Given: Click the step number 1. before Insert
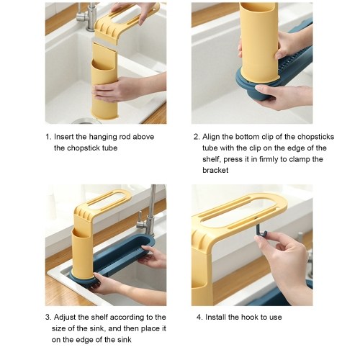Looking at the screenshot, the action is (48, 137).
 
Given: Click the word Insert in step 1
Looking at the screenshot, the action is (64, 137).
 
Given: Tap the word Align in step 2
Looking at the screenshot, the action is (211, 137).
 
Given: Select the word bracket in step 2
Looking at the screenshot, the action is (215, 170).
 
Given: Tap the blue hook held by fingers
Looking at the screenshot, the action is (259, 229).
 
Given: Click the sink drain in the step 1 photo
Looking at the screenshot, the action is (86, 121).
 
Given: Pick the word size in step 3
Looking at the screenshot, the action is (58, 328).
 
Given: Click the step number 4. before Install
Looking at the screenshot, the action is (199, 317).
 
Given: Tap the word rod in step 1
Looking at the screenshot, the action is (125, 137).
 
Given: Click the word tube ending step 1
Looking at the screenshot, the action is (109, 148).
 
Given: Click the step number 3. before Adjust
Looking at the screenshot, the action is (48, 318).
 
